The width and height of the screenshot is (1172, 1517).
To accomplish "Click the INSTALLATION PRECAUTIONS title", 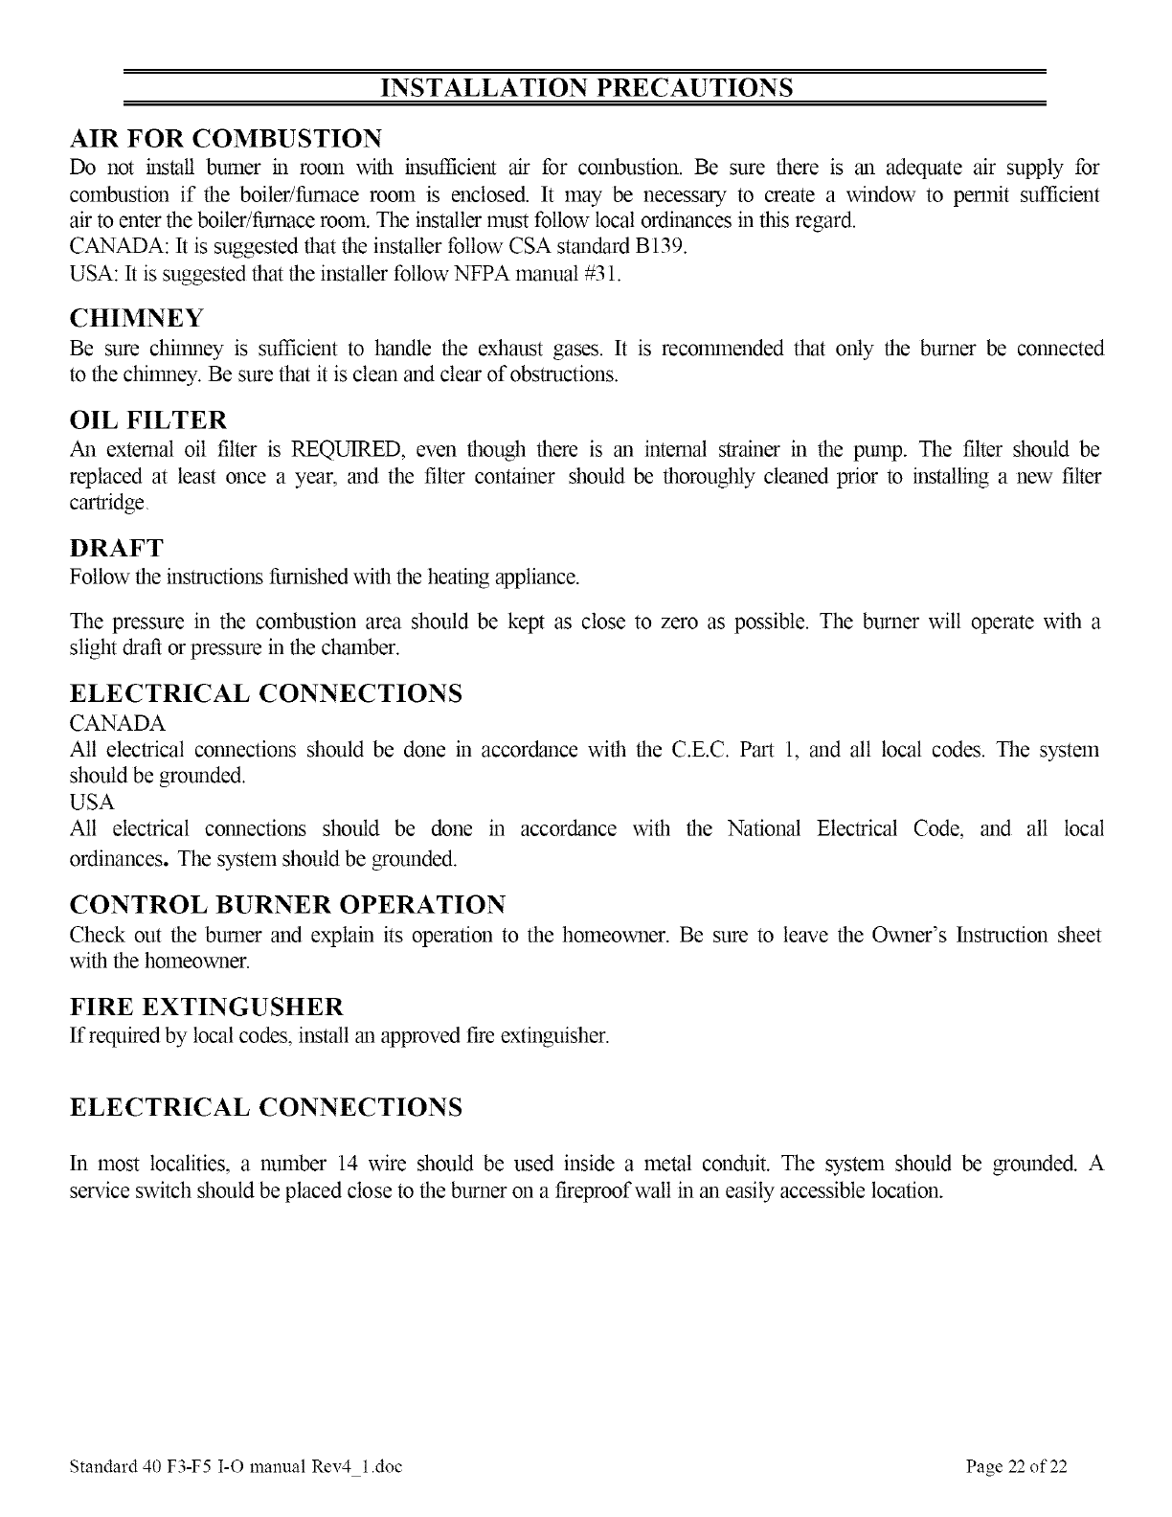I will [586, 88].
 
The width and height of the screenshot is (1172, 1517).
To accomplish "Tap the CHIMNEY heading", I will [138, 317].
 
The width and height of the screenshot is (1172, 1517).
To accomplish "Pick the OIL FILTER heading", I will [149, 419].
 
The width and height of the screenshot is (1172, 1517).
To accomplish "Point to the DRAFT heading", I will [117, 549].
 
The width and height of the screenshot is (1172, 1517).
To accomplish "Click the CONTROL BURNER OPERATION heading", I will [287, 905].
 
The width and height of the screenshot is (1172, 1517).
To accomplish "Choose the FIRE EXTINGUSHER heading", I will [207, 1008].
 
